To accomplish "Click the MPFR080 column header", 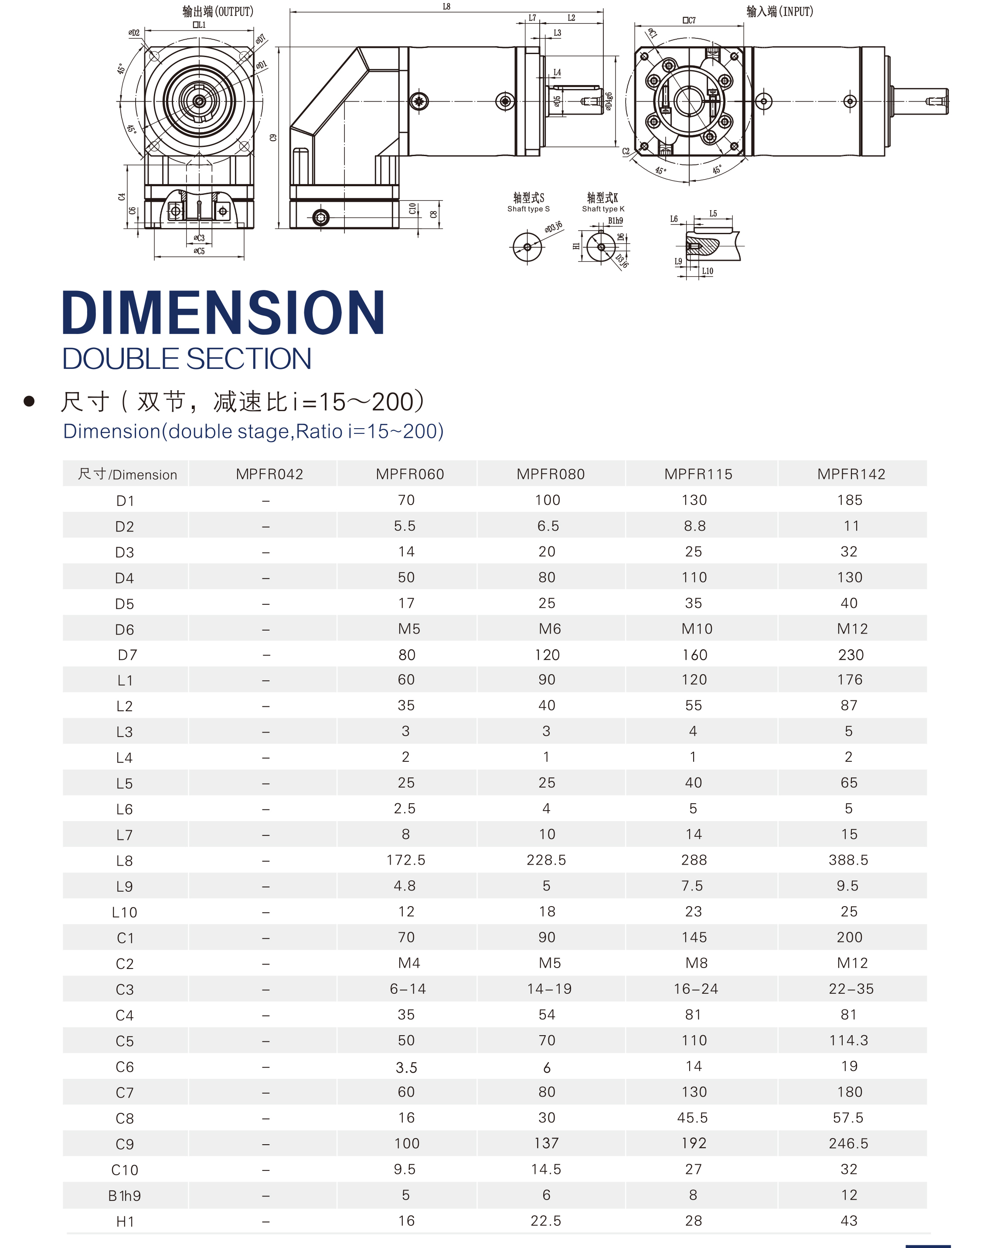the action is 550,474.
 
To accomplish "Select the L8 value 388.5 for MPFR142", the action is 848,860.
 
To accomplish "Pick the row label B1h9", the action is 124,1195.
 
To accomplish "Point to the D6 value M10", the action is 697,629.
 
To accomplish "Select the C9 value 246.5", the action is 848,1143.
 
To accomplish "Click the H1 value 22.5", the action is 546,1221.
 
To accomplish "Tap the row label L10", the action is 124,912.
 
